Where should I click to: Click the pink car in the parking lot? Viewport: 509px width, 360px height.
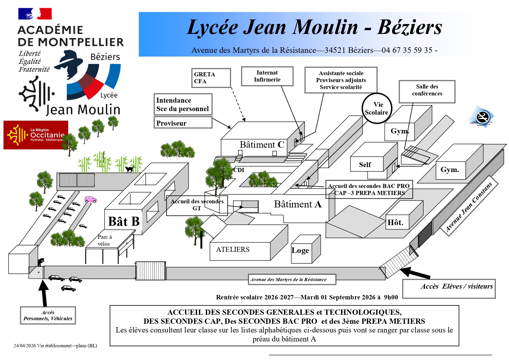90,199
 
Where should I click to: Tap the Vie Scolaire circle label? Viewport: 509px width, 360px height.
377,108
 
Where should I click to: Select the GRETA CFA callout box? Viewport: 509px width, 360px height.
211,78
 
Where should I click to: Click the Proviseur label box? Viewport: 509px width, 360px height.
183,122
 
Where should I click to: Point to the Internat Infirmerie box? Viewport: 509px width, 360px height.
267,76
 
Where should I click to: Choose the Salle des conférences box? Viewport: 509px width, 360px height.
427,91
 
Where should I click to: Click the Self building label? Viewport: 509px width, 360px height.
365,165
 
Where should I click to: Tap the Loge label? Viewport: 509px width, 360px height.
300,250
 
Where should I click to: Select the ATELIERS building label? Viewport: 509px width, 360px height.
233,249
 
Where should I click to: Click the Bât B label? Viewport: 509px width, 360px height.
124,222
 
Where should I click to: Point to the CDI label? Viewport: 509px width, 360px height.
239,170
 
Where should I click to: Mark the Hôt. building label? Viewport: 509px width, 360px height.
395,222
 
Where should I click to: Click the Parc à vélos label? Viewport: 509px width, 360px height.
104,240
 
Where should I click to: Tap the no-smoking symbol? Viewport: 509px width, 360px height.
481,117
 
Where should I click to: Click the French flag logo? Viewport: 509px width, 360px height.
35,14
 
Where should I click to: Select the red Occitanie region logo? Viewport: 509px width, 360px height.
36,135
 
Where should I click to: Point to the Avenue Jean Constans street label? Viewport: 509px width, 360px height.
469,207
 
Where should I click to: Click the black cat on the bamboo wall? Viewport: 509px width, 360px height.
130,169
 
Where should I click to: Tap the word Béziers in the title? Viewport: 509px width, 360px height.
410,27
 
